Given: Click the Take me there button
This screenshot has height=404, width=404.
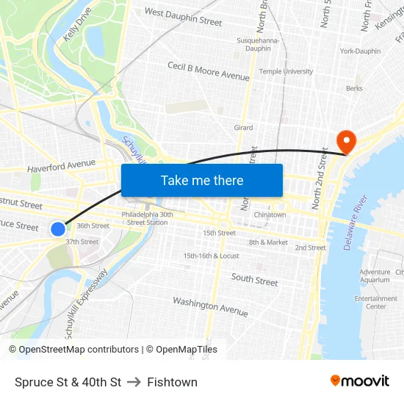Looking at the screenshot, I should (202, 180).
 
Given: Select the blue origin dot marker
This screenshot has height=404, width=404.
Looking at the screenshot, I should (58, 229).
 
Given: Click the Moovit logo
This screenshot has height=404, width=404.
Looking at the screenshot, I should (359, 381).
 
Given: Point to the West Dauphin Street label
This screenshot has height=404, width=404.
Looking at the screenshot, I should (183, 17).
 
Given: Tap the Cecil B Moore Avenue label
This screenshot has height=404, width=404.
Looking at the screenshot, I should (209, 71).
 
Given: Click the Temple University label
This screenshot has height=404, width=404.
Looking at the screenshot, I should (286, 71).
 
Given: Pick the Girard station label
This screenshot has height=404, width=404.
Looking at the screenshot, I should (243, 128).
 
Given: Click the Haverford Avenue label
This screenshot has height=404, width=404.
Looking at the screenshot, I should (62, 167).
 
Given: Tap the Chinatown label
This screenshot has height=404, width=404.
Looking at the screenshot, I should (270, 214).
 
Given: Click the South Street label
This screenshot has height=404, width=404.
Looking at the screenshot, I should (255, 280).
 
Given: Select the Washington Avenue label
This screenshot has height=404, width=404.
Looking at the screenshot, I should (210, 306).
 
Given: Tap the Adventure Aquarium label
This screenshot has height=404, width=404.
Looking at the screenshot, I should (375, 275).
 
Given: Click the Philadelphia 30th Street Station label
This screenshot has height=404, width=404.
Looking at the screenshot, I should (147, 218).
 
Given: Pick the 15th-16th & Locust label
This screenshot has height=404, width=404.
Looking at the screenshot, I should (212, 256).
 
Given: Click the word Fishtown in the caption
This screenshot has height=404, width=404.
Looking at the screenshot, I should (172, 382).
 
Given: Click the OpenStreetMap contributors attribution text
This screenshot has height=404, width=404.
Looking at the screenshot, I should (73, 350).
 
